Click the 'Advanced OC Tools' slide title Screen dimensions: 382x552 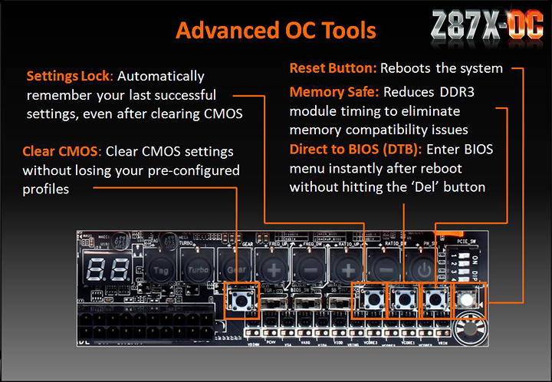275,31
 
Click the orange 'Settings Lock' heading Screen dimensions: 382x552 69,77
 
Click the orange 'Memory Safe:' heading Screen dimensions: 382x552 334,92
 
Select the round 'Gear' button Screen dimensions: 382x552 235,270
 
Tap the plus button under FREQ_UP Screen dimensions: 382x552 272,270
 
